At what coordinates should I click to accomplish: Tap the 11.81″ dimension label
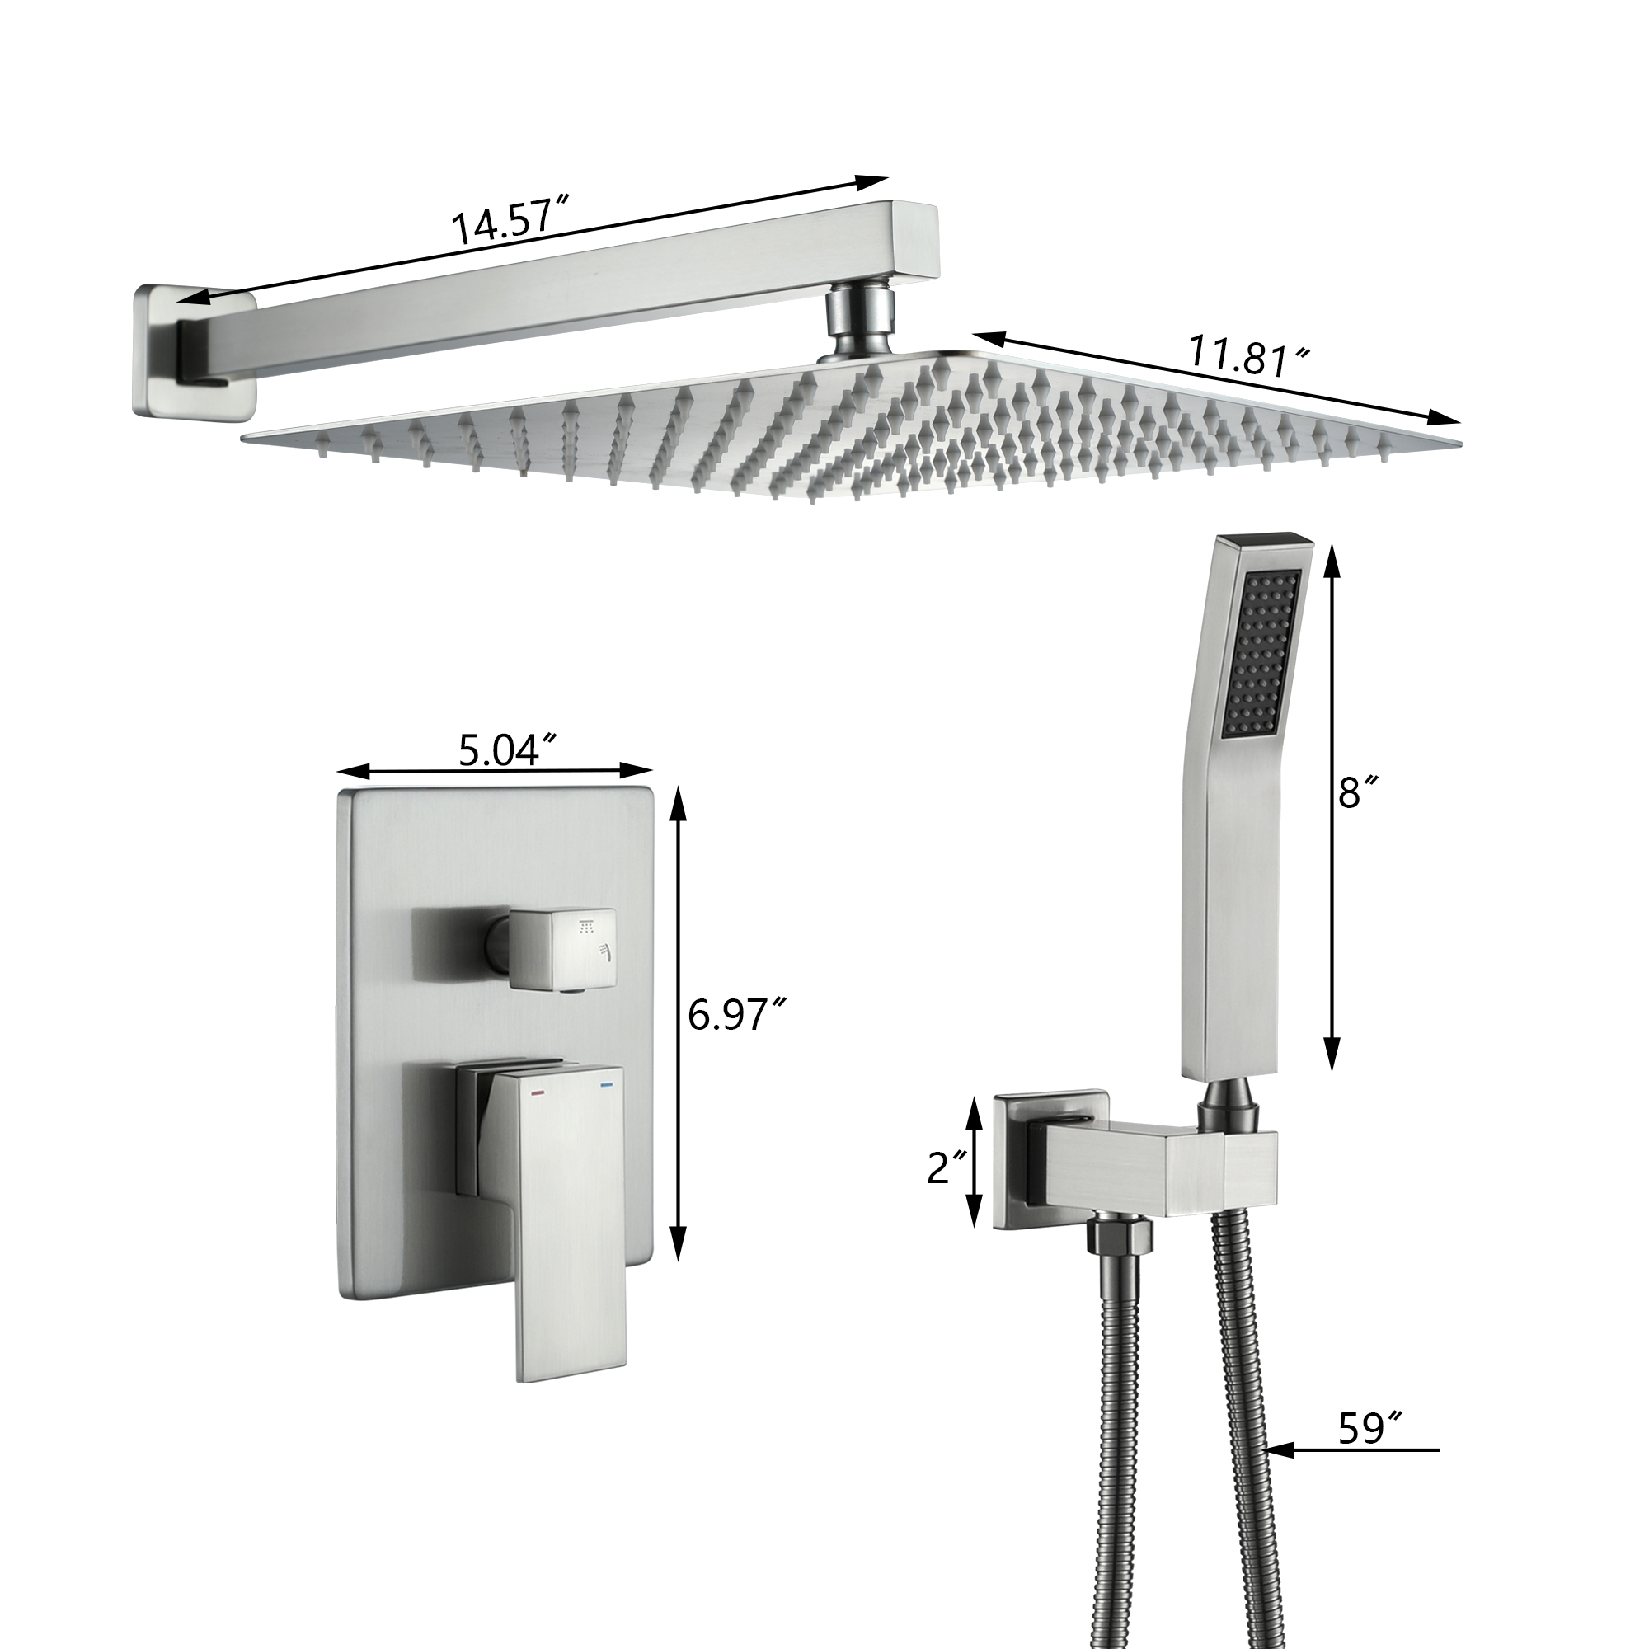(1250, 359)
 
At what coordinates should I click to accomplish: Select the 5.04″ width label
(509, 749)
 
